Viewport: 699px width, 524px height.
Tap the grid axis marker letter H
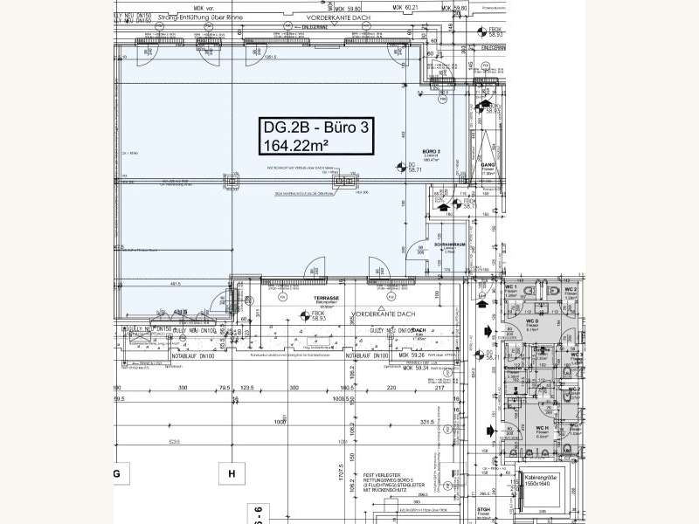tap(232, 474)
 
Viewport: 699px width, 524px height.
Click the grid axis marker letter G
tap(114, 474)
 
